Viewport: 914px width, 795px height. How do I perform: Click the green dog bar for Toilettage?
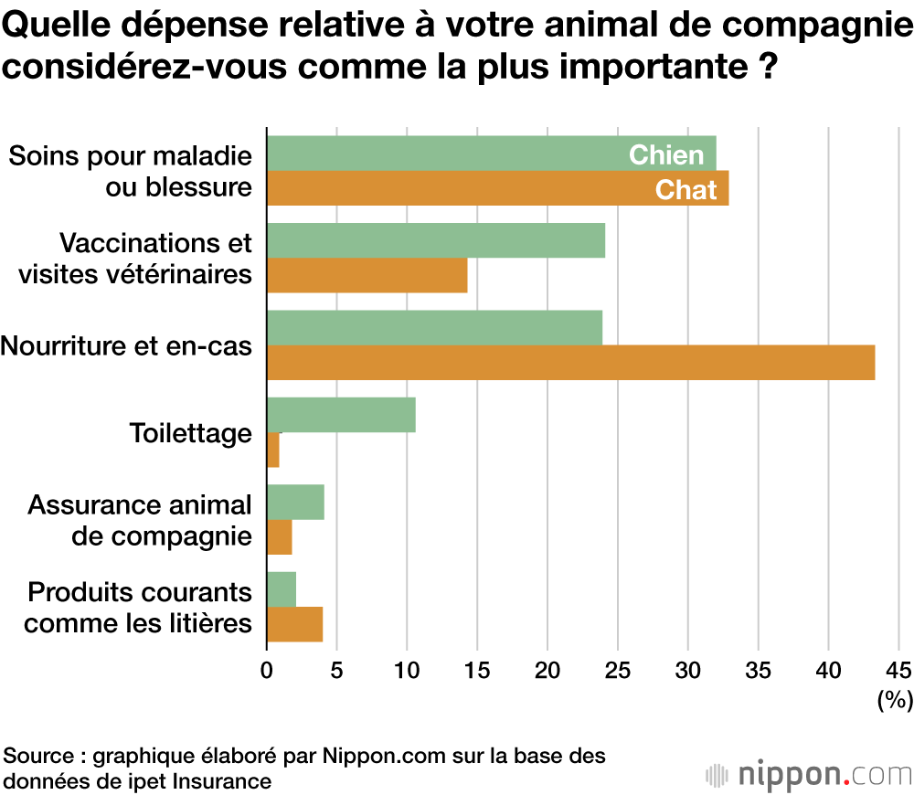341,415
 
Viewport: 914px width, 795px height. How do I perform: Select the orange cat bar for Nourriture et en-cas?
570,363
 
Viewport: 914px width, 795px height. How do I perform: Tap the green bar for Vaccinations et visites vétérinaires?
435,240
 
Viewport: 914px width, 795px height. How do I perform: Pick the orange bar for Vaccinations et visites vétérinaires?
367,275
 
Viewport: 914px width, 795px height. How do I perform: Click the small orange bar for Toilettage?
273,450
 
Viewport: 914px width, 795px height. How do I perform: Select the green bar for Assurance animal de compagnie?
295,503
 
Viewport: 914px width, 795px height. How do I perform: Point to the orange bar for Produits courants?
294,625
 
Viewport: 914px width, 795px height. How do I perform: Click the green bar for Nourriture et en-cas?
434,328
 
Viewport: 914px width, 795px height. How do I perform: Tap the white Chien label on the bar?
666,154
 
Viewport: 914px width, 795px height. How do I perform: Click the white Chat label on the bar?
686,190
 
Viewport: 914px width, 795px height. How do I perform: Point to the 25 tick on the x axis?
618,669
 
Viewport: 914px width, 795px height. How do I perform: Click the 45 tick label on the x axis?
898,669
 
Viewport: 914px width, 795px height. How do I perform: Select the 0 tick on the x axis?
267,669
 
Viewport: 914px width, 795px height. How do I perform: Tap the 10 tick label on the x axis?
407,669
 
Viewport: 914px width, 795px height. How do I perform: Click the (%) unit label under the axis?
895,701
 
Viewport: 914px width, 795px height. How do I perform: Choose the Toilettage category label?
190,432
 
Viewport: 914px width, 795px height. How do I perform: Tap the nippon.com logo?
809,774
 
